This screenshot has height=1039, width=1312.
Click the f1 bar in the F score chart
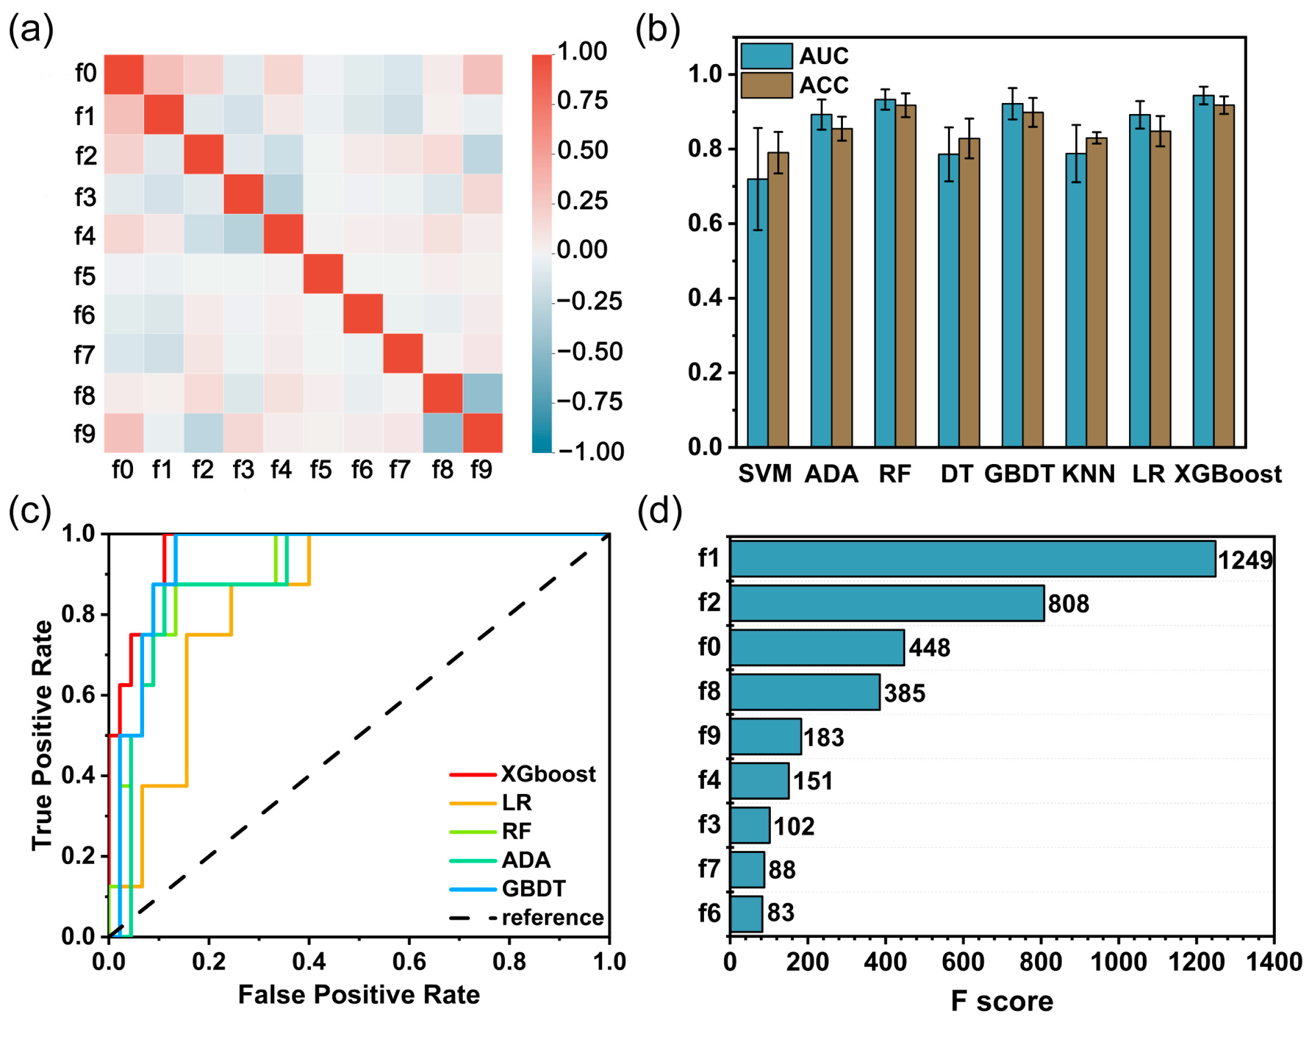(972, 559)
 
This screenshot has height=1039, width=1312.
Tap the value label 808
(1068, 603)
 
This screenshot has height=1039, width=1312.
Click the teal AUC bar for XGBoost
(1203, 271)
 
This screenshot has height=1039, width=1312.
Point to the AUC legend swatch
(766, 56)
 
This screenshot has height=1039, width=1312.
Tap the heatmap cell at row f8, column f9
(482, 394)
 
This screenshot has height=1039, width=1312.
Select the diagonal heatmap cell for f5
(322, 274)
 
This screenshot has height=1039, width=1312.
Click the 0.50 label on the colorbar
(582, 150)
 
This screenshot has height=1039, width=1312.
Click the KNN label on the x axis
(1088, 474)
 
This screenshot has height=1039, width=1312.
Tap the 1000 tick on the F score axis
(1118, 962)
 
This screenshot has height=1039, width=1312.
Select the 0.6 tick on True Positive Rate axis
(78, 695)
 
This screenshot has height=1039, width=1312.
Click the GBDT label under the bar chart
(1019, 474)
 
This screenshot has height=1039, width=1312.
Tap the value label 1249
(1245, 560)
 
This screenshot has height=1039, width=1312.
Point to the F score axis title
(1002, 1001)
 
